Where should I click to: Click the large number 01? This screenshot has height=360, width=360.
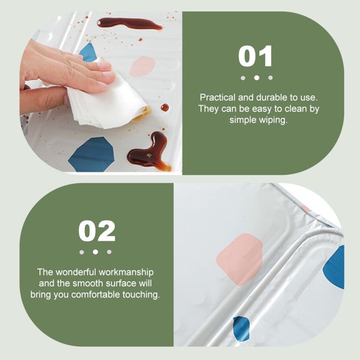tap(255, 56)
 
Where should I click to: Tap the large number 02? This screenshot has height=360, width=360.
tap(97, 231)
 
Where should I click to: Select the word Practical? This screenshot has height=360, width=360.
tap(217, 97)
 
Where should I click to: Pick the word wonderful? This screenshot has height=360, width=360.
tap(76, 272)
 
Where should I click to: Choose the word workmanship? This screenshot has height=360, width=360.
tap(126, 272)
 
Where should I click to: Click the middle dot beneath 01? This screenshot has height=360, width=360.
tap(256, 78)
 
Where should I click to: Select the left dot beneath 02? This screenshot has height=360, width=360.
tap(81, 252)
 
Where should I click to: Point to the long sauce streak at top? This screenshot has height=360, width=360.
tap(129, 24)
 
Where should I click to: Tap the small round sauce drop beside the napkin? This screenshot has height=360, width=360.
tap(164, 107)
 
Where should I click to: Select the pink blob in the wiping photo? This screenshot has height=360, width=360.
tap(142, 67)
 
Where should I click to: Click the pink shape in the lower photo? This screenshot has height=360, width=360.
tap(239, 259)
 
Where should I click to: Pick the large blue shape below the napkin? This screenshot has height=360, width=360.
tap(92, 154)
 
